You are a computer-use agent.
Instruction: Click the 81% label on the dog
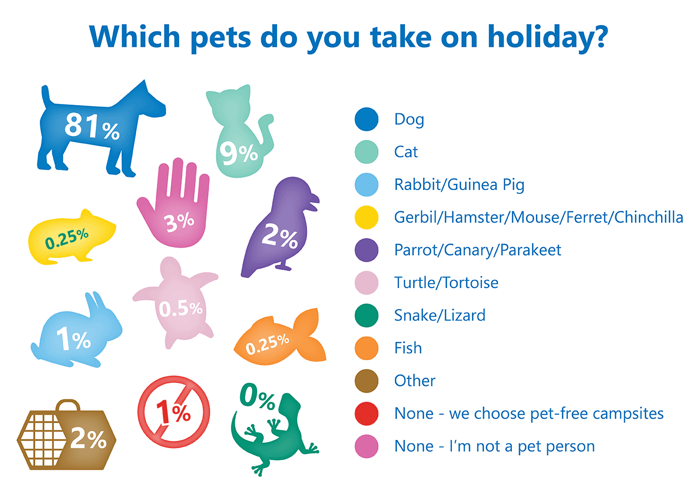(x=91, y=127)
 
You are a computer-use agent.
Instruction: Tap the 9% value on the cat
(x=239, y=152)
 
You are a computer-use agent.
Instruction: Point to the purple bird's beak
(x=313, y=203)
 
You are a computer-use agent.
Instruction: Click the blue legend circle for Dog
(x=366, y=119)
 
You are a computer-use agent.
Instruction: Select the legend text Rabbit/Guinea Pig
(x=459, y=185)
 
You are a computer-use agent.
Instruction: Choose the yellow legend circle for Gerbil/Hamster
(x=366, y=217)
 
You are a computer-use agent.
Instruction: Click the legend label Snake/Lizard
(x=439, y=315)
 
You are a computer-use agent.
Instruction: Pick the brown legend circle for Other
(x=366, y=381)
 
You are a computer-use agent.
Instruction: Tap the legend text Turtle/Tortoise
(x=446, y=283)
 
